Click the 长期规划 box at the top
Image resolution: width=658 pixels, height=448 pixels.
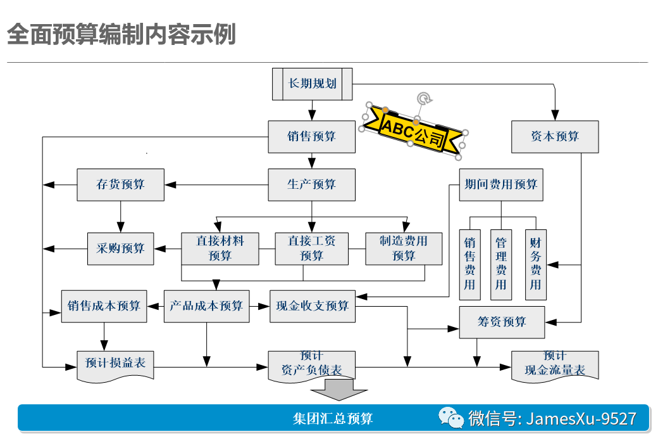tap(312, 84)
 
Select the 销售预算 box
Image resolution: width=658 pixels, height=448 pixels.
tap(311, 136)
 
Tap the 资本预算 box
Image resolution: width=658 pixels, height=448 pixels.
tap(554, 136)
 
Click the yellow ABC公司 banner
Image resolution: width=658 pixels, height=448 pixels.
tap(414, 131)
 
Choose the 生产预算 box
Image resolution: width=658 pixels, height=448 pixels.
tap(311, 184)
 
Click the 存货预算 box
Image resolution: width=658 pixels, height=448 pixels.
tap(120, 184)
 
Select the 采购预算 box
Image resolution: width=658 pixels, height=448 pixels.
tap(120, 248)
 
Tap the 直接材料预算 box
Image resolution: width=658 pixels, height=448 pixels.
tap(220, 248)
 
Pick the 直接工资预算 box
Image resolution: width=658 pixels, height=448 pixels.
tap(311, 248)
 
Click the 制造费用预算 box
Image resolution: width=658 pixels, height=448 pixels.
tap(404, 248)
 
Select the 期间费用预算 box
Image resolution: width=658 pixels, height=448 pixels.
tap(500, 184)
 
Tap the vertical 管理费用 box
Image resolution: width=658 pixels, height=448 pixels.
tap(500, 264)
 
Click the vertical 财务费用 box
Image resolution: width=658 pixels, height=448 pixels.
tap(535, 264)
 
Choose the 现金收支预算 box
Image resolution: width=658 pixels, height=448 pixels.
tap(312, 306)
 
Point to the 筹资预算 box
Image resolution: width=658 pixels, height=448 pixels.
tap(501, 322)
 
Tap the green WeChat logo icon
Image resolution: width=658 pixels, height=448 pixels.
tap(452, 418)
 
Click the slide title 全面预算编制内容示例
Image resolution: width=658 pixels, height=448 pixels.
tap(121, 35)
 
